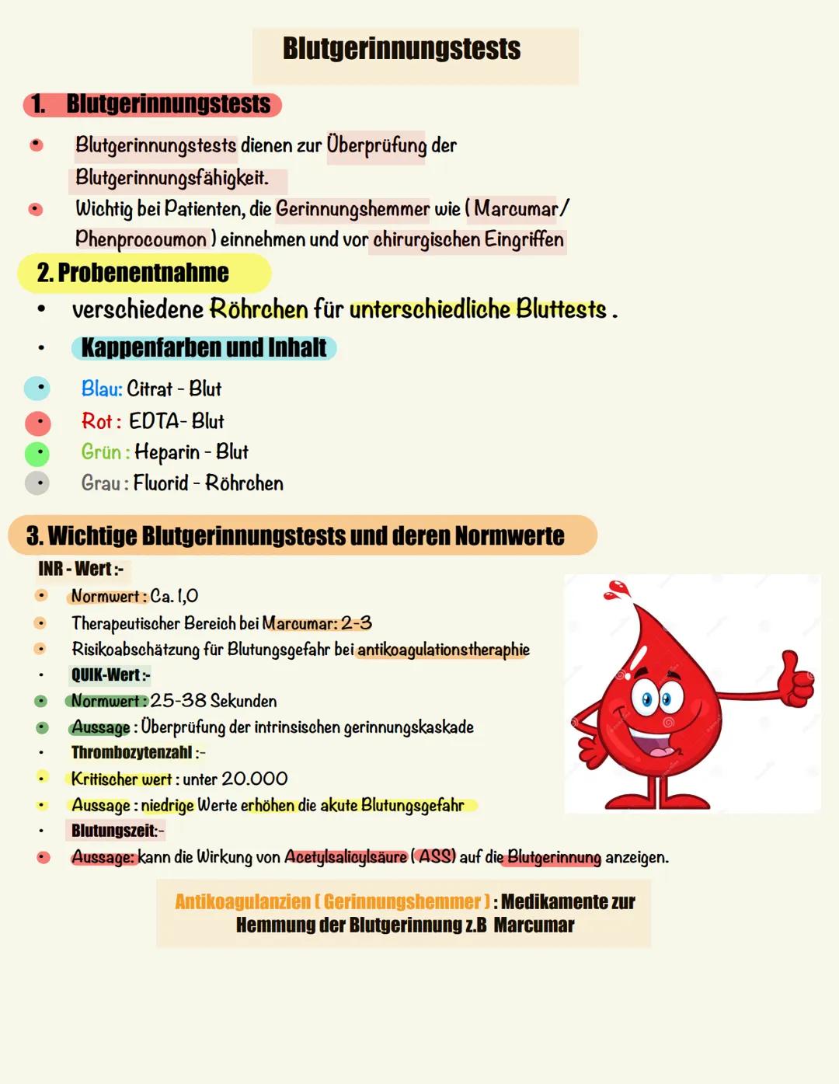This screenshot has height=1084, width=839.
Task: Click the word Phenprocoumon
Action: pyautogui.click(x=141, y=239)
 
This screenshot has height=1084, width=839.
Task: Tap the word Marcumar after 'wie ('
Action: pyautogui.click(x=516, y=209)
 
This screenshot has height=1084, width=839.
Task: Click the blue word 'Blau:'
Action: pyautogui.click(x=102, y=389)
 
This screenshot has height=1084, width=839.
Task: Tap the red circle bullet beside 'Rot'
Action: pyautogui.click(x=37, y=423)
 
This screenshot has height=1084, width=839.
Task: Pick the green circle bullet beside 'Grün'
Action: pyautogui.click(x=37, y=453)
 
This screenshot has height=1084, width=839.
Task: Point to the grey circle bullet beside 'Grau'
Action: pyautogui.click(x=37, y=483)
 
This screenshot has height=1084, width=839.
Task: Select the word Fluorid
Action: pyautogui.click(x=161, y=483)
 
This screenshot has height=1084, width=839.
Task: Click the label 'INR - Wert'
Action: pyautogui.click(x=79, y=570)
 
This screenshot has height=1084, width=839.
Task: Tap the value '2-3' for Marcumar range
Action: pyautogui.click(x=357, y=623)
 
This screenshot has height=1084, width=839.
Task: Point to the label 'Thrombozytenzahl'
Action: pyautogui.click(x=132, y=752)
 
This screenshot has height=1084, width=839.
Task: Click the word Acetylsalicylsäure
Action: pyautogui.click(x=346, y=857)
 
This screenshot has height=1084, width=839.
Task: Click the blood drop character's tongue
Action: pyautogui.click(x=660, y=751)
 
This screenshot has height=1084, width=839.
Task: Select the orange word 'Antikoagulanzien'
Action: pyautogui.click(x=242, y=901)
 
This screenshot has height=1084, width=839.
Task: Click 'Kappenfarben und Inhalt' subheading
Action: pyautogui.click(x=204, y=347)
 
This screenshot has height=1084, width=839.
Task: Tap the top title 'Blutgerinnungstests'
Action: pyautogui.click(x=402, y=48)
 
